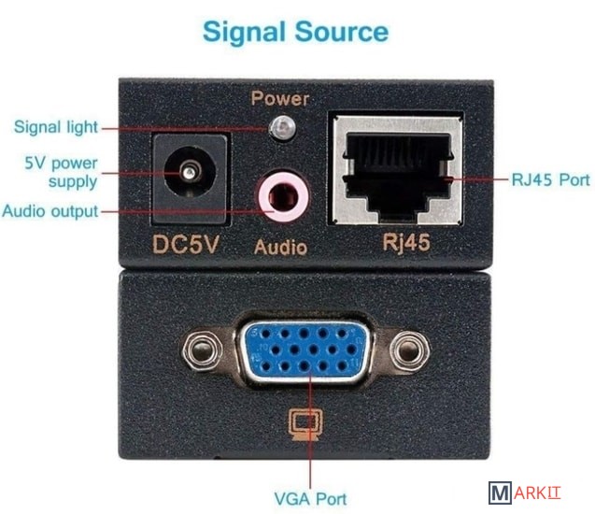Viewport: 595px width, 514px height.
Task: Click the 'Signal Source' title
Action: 295,32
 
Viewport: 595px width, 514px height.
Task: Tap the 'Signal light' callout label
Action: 56,127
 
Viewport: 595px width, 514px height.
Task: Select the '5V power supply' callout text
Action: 61,172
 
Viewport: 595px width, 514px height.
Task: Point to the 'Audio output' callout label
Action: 50,211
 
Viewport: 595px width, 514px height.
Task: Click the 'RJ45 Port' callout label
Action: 551,179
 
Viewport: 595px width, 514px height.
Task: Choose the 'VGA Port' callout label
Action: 310,499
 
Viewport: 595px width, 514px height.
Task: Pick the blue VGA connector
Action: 305,349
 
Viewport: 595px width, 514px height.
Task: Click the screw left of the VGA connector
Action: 203,349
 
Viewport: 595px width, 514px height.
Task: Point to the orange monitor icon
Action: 305,424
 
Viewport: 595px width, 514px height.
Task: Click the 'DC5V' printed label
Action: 186,244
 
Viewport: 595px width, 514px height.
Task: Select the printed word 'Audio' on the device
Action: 280,248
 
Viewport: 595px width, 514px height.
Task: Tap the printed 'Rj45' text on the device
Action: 406,242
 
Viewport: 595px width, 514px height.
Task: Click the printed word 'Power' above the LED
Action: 280,99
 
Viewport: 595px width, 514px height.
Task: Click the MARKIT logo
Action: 524,493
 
